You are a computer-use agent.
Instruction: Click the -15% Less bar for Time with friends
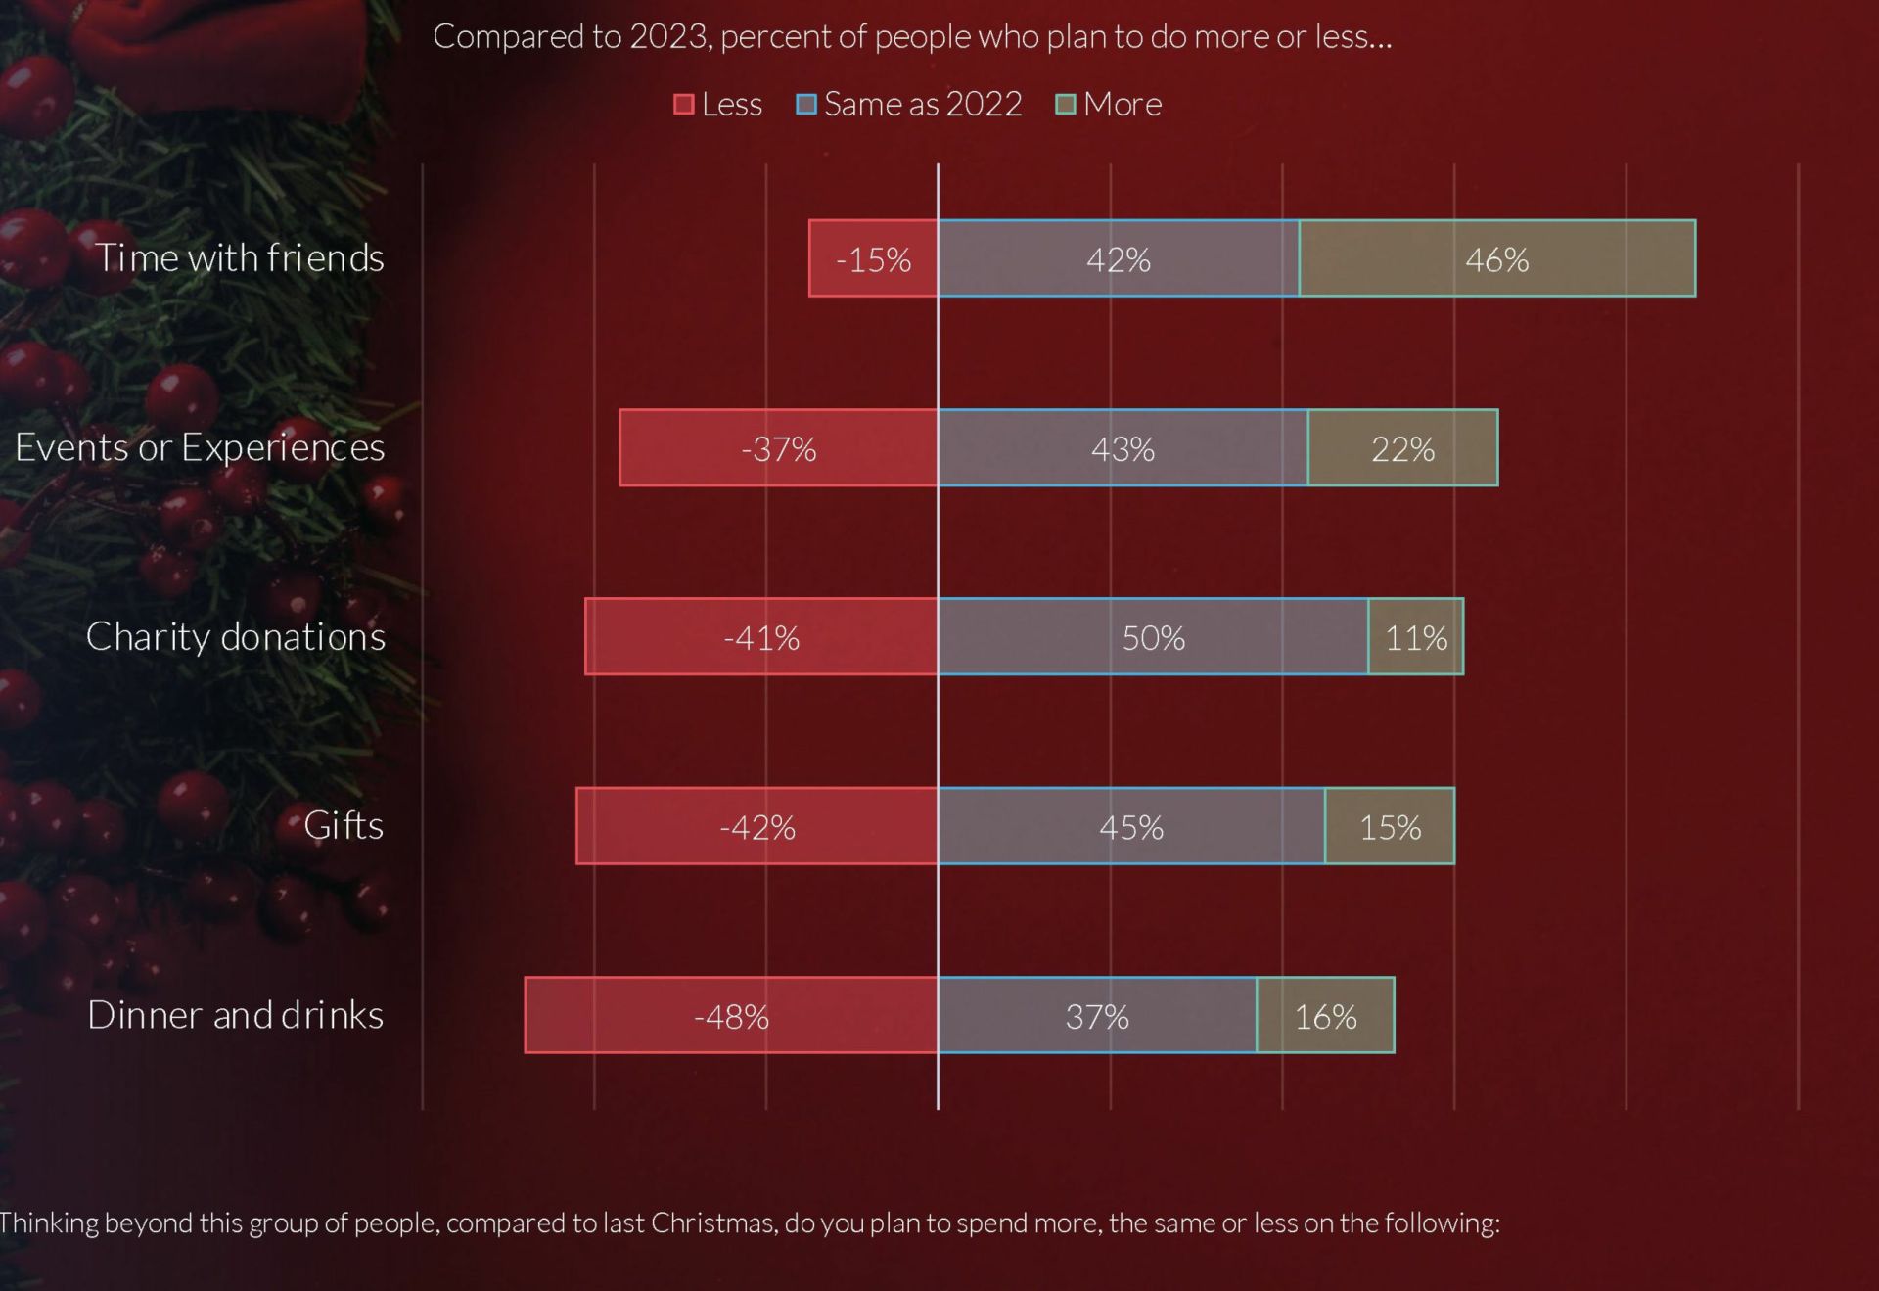[x=873, y=258]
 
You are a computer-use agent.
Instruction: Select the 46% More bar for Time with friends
[x=1496, y=258]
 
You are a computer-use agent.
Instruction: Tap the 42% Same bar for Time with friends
[x=1118, y=258]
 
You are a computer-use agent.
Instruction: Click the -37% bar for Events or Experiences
[x=778, y=448]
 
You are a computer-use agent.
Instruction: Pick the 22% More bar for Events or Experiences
[x=1402, y=448]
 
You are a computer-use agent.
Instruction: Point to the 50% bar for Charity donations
[x=1153, y=637]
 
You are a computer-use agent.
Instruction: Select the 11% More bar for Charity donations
[x=1415, y=637]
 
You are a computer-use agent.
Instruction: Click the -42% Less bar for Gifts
[x=756, y=827]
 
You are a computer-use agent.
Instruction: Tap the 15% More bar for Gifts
[x=1390, y=827]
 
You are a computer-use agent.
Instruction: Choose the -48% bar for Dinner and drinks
[x=730, y=1016]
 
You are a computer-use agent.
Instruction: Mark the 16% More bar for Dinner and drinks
[x=1325, y=1016]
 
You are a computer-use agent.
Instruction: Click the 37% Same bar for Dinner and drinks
[x=1097, y=1016]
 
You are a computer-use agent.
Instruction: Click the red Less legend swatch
[x=684, y=105]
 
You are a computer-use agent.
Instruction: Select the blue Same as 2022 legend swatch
[x=806, y=105]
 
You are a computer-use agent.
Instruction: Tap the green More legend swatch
[x=1066, y=105]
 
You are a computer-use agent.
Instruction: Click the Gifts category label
[x=344, y=826]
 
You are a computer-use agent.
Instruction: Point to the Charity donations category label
[x=236, y=637]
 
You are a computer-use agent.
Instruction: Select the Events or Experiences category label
[x=200, y=447]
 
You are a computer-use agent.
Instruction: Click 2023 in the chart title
[x=668, y=37]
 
